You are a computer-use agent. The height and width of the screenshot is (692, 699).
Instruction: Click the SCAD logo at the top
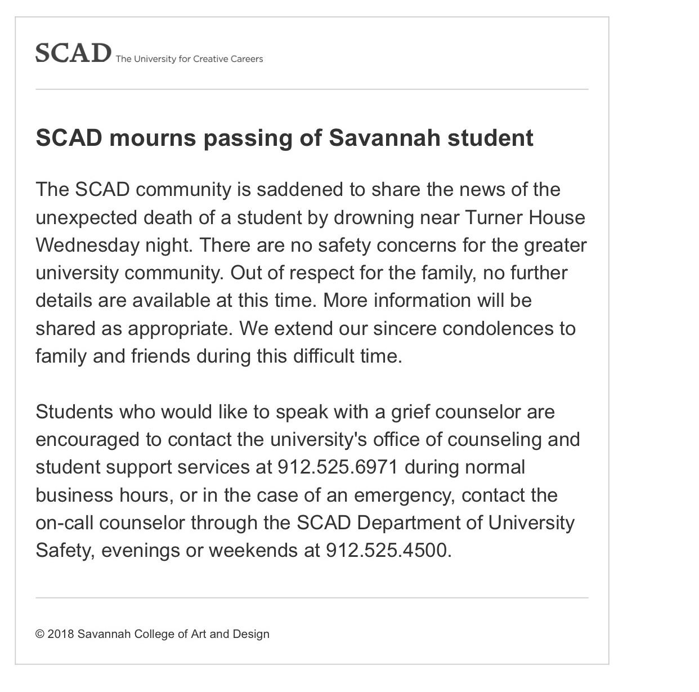(73, 53)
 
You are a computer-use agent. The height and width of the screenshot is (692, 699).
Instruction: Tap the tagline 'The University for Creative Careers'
(189, 59)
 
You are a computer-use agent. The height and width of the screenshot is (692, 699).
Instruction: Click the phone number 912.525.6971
(338, 467)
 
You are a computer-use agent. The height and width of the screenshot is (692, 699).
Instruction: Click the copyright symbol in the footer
(39, 634)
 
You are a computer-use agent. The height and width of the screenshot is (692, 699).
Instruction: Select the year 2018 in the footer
(60, 634)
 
